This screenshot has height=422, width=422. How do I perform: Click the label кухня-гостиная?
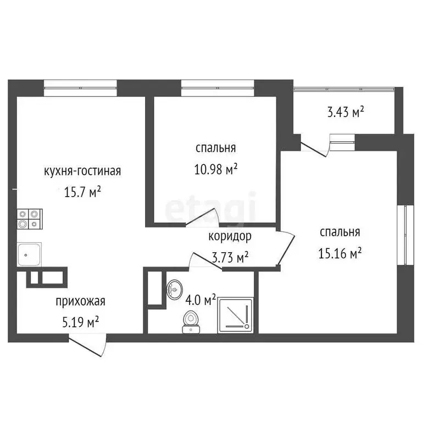click(x=82, y=171)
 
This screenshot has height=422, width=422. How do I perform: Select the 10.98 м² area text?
click(x=216, y=169)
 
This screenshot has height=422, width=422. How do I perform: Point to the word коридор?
click(x=230, y=237)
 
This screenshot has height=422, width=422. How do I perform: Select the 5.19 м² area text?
click(x=80, y=321)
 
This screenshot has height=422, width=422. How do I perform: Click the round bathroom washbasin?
click(x=175, y=287)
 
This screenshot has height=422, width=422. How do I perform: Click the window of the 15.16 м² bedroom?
click(x=407, y=234)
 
